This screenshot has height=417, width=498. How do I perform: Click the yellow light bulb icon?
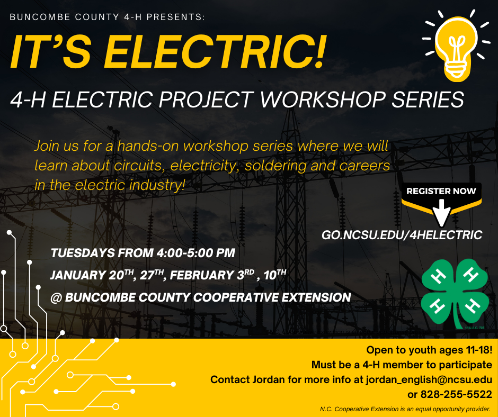456,48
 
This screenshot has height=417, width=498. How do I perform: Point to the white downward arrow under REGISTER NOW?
441,212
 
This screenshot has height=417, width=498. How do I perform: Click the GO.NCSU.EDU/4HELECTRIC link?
402,235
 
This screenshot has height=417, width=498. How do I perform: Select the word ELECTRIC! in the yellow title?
215,51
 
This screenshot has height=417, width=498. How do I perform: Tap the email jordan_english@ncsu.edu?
429,380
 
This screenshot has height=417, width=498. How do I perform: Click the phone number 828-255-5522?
456,394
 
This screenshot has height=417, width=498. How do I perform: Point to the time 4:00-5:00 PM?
195,253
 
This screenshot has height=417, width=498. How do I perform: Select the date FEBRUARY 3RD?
212,275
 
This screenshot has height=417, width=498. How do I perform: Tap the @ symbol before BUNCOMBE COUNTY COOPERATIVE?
56,298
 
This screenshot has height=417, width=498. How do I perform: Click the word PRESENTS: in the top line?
176,17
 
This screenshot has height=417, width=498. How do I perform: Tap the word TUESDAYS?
83,253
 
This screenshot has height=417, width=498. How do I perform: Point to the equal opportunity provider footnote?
405,409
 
